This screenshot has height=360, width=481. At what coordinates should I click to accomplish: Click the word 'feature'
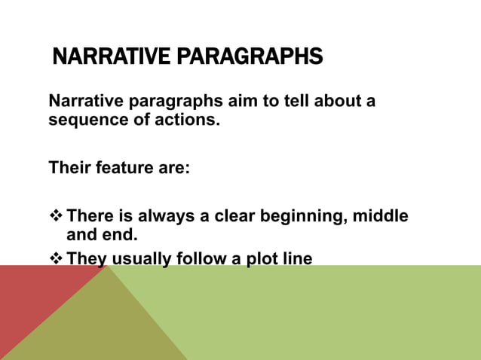(127, 167)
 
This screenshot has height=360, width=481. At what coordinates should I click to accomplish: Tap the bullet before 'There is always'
(55, 217)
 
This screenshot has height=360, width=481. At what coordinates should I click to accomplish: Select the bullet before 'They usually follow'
(55, 260)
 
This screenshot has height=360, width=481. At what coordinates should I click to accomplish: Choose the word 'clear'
(234, 217)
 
